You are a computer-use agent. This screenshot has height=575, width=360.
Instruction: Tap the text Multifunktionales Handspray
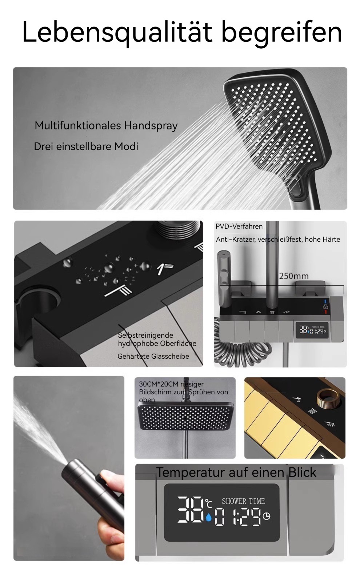coord(106,126)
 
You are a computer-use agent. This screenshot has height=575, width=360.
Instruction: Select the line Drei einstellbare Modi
coord(86,146)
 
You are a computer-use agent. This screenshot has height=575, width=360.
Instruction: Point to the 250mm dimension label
coord(293,276)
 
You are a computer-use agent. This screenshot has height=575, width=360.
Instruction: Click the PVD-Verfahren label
coord(239,226)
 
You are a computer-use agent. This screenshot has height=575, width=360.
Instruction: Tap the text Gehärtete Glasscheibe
coord(153,356)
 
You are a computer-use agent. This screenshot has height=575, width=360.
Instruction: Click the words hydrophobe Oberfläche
coord(157,344)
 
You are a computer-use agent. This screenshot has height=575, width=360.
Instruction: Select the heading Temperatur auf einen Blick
coord(236,472)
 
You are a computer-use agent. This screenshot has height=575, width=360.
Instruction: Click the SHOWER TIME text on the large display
coord(243,501)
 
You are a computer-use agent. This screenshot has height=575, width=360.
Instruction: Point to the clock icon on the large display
coord(267,516)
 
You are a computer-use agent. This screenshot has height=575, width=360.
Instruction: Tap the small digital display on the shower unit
coord(312,330)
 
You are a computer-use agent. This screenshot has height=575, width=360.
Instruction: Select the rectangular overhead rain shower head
coord(185,416)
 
